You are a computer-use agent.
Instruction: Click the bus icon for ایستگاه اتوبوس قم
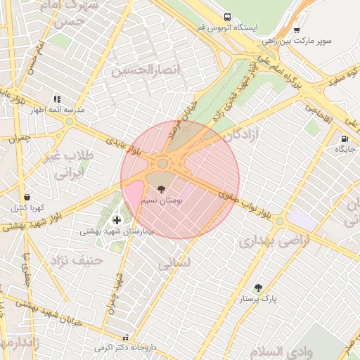click(226, 17)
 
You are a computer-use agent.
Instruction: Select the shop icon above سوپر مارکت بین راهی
click(297, 30)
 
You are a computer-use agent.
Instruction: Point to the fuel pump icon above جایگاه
click(344, 139)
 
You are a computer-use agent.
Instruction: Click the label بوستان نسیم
click(162, 200)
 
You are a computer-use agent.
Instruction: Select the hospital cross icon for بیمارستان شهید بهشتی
click(116, 220)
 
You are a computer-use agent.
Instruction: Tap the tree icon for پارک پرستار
click(258, 288)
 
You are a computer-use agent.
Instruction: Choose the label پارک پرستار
click(258, 299)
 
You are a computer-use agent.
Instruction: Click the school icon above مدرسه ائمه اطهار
click(56, 99)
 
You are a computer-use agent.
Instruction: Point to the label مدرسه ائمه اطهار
click(56, 110)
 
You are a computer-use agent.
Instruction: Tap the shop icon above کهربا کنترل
click(27, 198)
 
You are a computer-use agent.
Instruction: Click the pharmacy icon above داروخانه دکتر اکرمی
click(126, 337)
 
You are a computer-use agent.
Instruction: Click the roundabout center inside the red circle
click(162, 164)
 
